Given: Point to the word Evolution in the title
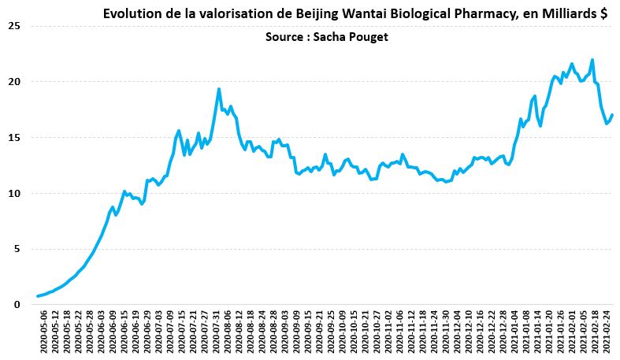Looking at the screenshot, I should click(130, 13).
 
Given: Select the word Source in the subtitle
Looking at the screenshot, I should click(283, 36).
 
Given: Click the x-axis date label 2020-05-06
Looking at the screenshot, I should click(43, 332).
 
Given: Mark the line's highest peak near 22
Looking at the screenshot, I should click(592, 60).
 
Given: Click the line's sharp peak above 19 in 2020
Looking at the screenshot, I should click(219, 89).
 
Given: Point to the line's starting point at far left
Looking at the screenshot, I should click(37, 296).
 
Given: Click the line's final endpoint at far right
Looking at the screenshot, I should click(612, 116).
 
